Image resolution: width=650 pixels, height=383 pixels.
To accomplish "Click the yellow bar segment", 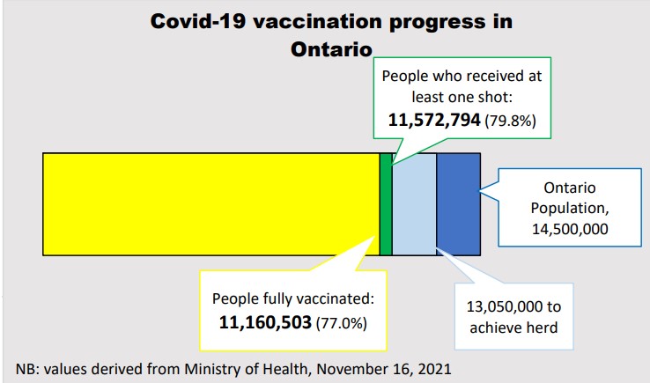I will [211, 204].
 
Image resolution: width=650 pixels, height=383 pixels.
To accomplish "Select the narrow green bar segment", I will [385, 204].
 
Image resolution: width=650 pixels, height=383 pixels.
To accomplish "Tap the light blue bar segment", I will [414, 204].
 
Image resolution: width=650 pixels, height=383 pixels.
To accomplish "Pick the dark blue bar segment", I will [458, 204].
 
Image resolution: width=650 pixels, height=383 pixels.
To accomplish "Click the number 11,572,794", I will [435, 119].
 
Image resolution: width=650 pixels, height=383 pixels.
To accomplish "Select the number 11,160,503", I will [265, 322].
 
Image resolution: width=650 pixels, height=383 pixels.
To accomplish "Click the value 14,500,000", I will [571, 229].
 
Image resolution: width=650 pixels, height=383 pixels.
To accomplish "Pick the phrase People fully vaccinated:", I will [290, 298].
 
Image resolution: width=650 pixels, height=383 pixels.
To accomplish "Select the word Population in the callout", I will [570, 209].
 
